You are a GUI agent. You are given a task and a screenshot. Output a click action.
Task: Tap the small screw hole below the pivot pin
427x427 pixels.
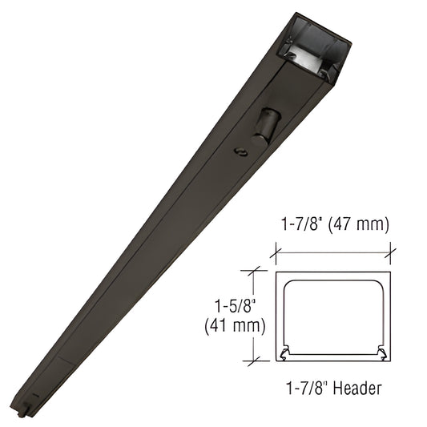pyautogui.click(x=240, y=151)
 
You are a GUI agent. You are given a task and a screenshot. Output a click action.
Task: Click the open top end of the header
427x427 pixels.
pyautogui.click(x=316, y=46)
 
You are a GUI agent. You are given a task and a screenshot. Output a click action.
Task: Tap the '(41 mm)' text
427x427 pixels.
pyautogui.click(x=235, y=326)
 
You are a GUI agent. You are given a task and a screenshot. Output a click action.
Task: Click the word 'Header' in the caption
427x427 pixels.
pyautogui.click(x=357, y=388)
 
